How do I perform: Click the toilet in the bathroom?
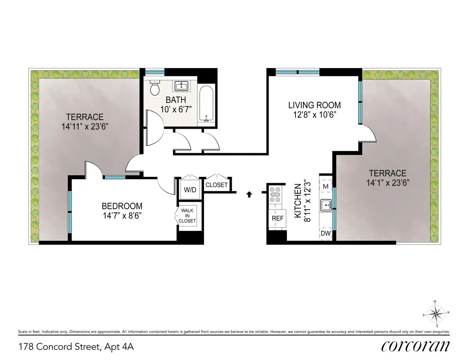tap(155, 88)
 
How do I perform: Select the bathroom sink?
tap(181, 86)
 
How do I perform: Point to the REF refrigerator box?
tap(277, 218)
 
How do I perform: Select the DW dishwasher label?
tap(325, 234)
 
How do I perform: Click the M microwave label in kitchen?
tap(325, 187)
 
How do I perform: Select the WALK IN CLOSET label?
tap(187, 216)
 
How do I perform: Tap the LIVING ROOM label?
tap(314, 105)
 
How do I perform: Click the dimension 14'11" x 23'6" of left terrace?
tap(84, 126)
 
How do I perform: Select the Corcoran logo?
tap(415, 346)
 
